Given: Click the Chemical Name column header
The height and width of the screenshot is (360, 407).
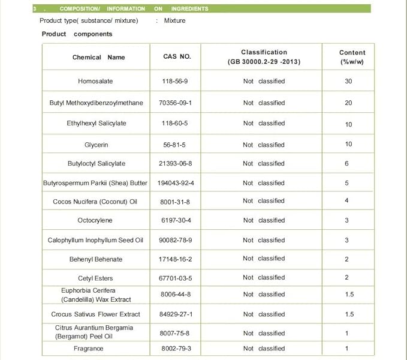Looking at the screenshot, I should click(98, 58).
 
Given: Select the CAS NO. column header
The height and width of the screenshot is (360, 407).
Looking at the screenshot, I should click(177, 56).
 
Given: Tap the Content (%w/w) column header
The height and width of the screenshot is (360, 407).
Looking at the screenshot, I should click(352, 57).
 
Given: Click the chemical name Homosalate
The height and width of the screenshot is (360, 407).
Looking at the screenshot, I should click(95, 81).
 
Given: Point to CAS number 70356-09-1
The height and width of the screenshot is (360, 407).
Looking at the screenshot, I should click(177, 103).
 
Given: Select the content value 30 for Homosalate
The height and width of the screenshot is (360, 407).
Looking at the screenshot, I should click(348, 81).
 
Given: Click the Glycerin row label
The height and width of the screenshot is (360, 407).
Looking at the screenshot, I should click(96, 145).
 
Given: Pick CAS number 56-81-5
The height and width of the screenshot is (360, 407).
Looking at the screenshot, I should click(177, 145).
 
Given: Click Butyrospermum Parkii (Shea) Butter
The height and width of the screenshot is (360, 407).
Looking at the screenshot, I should click(95, 183).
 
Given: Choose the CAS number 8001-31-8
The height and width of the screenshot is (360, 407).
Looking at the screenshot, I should click(177, 201).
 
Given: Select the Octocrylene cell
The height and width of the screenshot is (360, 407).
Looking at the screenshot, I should click(95, 221).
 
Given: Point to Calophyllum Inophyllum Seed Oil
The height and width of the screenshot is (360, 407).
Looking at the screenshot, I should click(95, 241).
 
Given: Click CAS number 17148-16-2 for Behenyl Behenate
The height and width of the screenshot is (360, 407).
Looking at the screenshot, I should click(177, 259).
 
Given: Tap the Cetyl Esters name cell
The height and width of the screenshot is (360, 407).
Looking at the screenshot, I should click(95, 278).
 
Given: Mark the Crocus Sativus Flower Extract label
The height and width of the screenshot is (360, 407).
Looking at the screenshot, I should click(95, 314).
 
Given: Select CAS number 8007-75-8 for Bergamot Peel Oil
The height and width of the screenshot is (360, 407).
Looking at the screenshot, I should click(177, 333).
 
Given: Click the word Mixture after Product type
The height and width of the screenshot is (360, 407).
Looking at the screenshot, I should click(174, 20).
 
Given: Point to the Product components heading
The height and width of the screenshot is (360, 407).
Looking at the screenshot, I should click(77, 34).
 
